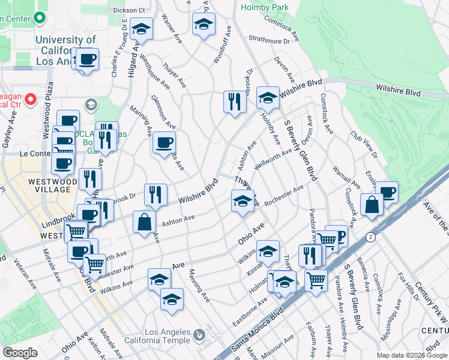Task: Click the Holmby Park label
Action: [x=264, y=7]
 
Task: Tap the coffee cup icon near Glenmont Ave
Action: [x=163, y=143]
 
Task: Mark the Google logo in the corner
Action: [x=20, y=352]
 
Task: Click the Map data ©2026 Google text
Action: [x=411, y=355]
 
